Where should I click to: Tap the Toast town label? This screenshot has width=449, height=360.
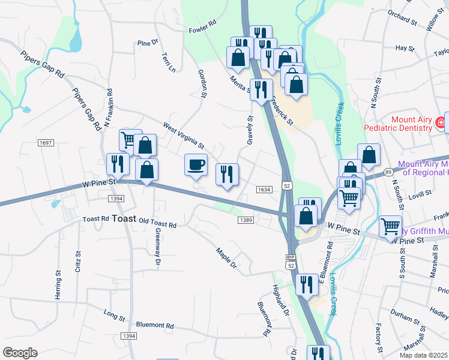click(x=124, y=219)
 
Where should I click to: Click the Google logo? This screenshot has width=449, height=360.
click(x=20, y=353)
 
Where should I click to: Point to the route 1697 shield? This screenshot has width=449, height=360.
click(x=46, y=143)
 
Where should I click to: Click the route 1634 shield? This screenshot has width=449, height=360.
click(x=265, y=190)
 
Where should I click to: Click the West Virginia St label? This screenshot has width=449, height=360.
click(x=184, y=136)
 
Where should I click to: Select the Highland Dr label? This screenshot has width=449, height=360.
click(x=282, y=301)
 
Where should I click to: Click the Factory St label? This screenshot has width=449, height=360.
click(x=379, y=338)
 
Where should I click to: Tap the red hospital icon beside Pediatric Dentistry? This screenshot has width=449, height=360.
click(x=441, y=124)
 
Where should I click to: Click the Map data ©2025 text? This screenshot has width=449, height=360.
click(x=423, y=355)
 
